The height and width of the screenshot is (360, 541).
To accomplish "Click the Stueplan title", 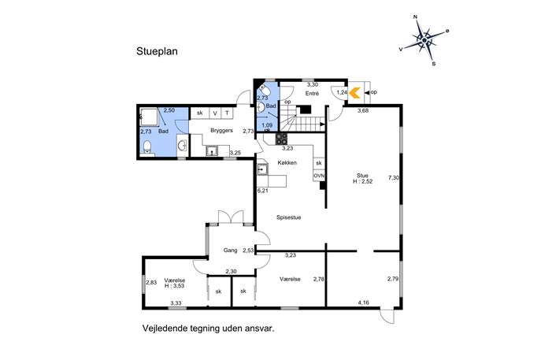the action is (157, 51).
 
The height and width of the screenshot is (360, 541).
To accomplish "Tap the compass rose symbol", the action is (424, 40).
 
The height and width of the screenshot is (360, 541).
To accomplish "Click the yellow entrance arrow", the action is (354, 93).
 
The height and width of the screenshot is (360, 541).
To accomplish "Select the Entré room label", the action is (312, 94).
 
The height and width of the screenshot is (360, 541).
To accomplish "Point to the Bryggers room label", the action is (221, 131).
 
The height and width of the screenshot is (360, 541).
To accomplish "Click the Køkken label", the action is (287, 162).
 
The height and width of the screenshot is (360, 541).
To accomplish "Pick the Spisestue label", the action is (289, 217).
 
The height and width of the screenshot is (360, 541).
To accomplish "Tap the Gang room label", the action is (230, 251).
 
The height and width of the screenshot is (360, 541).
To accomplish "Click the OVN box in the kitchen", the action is (319, 176).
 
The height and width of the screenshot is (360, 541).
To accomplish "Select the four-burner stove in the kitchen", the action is (281, 139).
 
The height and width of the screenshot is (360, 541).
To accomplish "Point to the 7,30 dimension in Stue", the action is (393, 178).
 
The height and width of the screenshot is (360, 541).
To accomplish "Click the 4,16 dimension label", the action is (363, 302).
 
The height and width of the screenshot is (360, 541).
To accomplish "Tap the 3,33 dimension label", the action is (176, 303).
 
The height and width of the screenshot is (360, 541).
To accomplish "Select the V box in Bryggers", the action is (215, 113).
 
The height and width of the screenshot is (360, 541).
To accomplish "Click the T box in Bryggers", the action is (227, 113).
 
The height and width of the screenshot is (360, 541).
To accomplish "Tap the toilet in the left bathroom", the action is (147, 147).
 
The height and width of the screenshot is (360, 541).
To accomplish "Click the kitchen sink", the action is (262, 169).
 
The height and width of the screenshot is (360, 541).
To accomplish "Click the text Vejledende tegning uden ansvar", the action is (209, 328).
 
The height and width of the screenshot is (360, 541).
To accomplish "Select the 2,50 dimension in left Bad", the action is (169, 110).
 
